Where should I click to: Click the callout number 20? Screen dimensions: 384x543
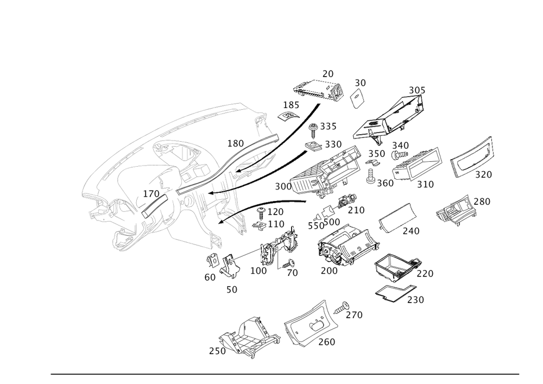click(x=327, y=73)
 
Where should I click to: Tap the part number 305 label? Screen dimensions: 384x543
click(x=416, y=90)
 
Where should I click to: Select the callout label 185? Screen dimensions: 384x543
click(x=291, y=104)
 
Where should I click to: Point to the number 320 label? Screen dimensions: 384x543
click(x=483, y=174)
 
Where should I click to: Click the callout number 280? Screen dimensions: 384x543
click(x=482, y=202)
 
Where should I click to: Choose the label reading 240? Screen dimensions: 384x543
click(x=411, y=231)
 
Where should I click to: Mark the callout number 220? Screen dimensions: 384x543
click(x=425, y=273)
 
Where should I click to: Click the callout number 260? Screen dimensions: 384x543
click(x=327, y=342)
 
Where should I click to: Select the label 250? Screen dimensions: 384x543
click(x=217, y=351)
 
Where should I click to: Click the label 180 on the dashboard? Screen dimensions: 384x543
click(x=235, y=143)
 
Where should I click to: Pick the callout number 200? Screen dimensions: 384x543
click(x=329, y=270)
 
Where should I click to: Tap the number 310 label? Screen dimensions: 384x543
click(x=425, y=185)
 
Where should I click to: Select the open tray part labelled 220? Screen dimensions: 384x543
click(x=395, y=265)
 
